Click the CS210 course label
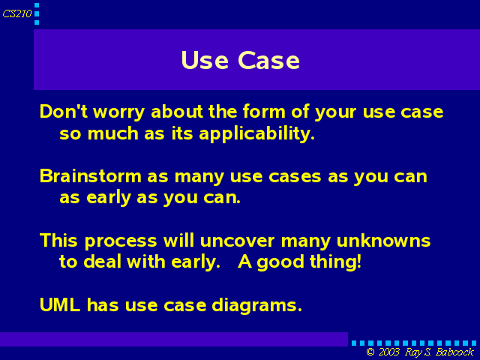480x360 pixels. (17, 13)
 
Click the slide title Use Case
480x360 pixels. (240, 60)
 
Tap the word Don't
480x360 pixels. (64, 111)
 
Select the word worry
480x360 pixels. (118, 112)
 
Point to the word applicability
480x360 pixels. (256, 133)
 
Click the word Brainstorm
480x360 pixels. (91, 176)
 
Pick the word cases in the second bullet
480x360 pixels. (295, 177)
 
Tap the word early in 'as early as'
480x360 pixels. (109, 198)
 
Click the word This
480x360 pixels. (58, 240)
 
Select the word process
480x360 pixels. (121, 241)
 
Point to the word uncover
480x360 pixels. (237, 241)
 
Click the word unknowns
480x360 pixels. (383, 240)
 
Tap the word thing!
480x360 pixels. (335, 262)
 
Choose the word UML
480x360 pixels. (60, 305)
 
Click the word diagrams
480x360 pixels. (256, 306)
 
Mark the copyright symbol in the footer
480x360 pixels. (370, 352)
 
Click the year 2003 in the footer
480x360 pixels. (388, 352)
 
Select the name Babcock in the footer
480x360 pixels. (454, 352)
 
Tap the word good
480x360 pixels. (280, 263)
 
